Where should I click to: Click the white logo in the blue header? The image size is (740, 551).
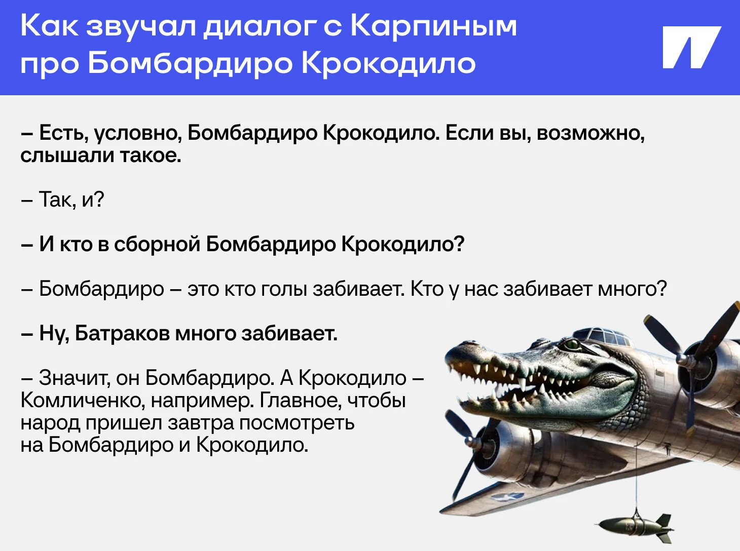pos(691,48)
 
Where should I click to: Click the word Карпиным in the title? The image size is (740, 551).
pos(433,27)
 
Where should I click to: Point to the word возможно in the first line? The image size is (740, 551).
pos(590,133)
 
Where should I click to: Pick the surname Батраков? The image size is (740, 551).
pos(122,333)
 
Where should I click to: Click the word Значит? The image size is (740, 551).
pos(75,378)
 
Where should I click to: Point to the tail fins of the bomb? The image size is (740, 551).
pos(662,527)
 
